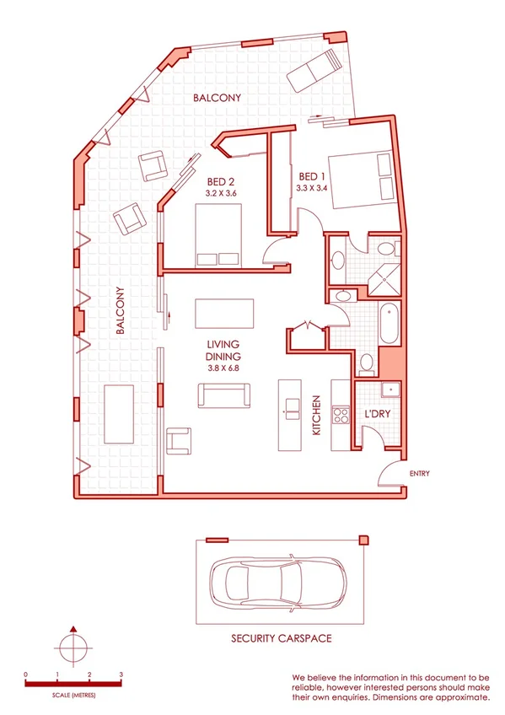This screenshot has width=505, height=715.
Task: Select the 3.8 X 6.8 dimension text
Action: point(223,368)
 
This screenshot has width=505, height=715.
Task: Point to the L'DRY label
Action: point(376,415)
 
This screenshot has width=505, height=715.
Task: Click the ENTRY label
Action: point(419,474)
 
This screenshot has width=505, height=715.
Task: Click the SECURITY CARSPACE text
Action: point(282,639)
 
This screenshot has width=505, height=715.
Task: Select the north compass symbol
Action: point(74,649)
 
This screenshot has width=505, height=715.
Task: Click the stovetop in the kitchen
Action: point(341,415)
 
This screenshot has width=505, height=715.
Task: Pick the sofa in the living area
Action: point(223,395)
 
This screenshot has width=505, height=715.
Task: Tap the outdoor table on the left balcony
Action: point(119,413)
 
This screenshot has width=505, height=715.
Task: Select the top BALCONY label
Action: point(217,98)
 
